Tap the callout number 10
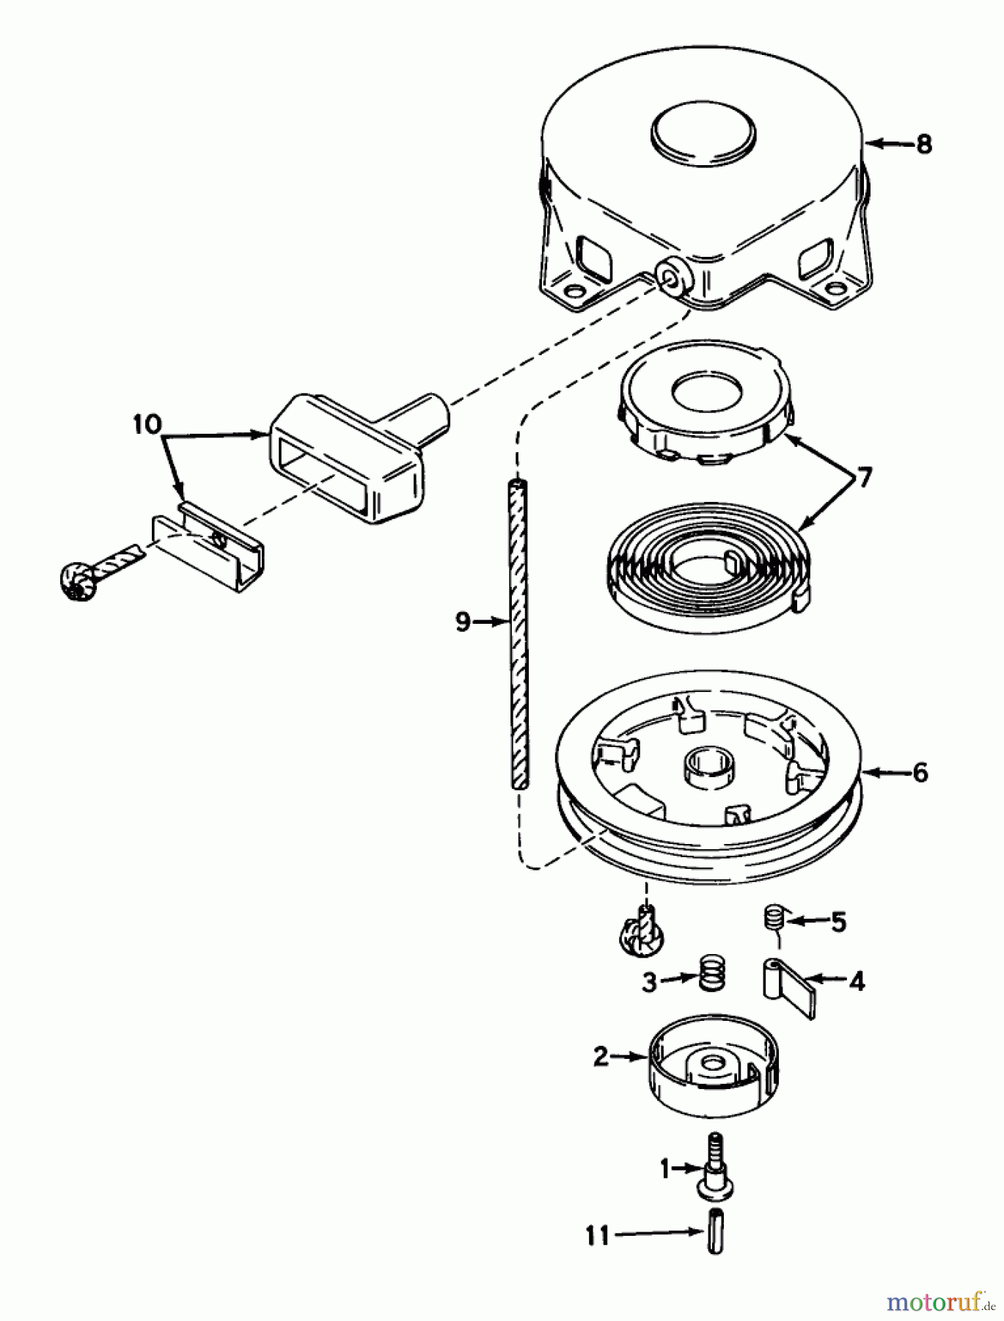point(147,425)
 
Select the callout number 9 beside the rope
point(462,622)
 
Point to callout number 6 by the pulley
point(920,772)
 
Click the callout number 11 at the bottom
point(598,1236)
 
